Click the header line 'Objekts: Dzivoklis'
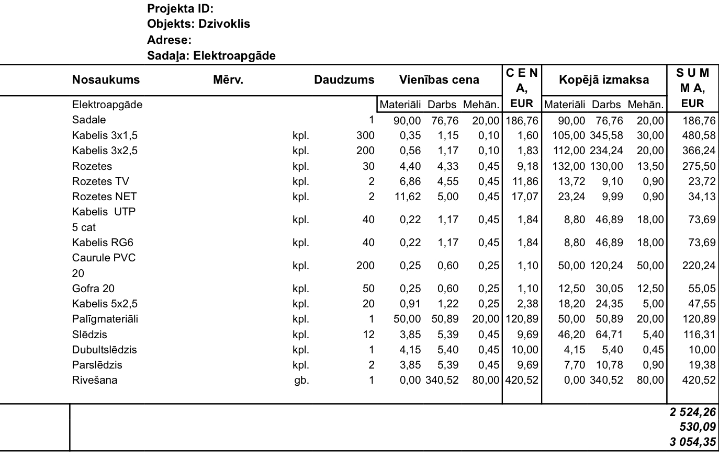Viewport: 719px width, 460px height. [198, 24]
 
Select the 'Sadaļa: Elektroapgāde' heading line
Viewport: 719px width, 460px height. [211, 55]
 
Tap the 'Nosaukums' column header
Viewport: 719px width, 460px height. [106, 80]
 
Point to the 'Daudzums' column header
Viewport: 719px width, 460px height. [344, 80]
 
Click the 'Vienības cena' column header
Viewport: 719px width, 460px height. [439, 80]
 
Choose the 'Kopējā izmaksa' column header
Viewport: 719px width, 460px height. [604, 80]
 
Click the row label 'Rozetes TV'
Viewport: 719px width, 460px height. [100, 181]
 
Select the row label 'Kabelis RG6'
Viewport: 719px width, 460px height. [103, 243]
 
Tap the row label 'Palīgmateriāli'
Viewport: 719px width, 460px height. [105, 319]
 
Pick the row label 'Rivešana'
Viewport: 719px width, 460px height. [95, 380]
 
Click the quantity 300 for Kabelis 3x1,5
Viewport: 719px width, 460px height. [365, 135]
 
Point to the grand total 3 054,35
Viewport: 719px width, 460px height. [692, 442]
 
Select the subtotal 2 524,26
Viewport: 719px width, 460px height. [692, 412]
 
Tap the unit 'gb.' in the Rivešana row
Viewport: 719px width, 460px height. [301, 380]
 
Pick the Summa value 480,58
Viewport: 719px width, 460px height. [699, 135]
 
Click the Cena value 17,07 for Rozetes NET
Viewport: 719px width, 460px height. [525, 197]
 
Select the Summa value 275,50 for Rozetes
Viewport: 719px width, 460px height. [699, 166]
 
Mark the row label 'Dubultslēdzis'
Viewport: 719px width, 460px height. [104, 350]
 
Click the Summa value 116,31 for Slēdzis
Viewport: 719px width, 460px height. [699, 335]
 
